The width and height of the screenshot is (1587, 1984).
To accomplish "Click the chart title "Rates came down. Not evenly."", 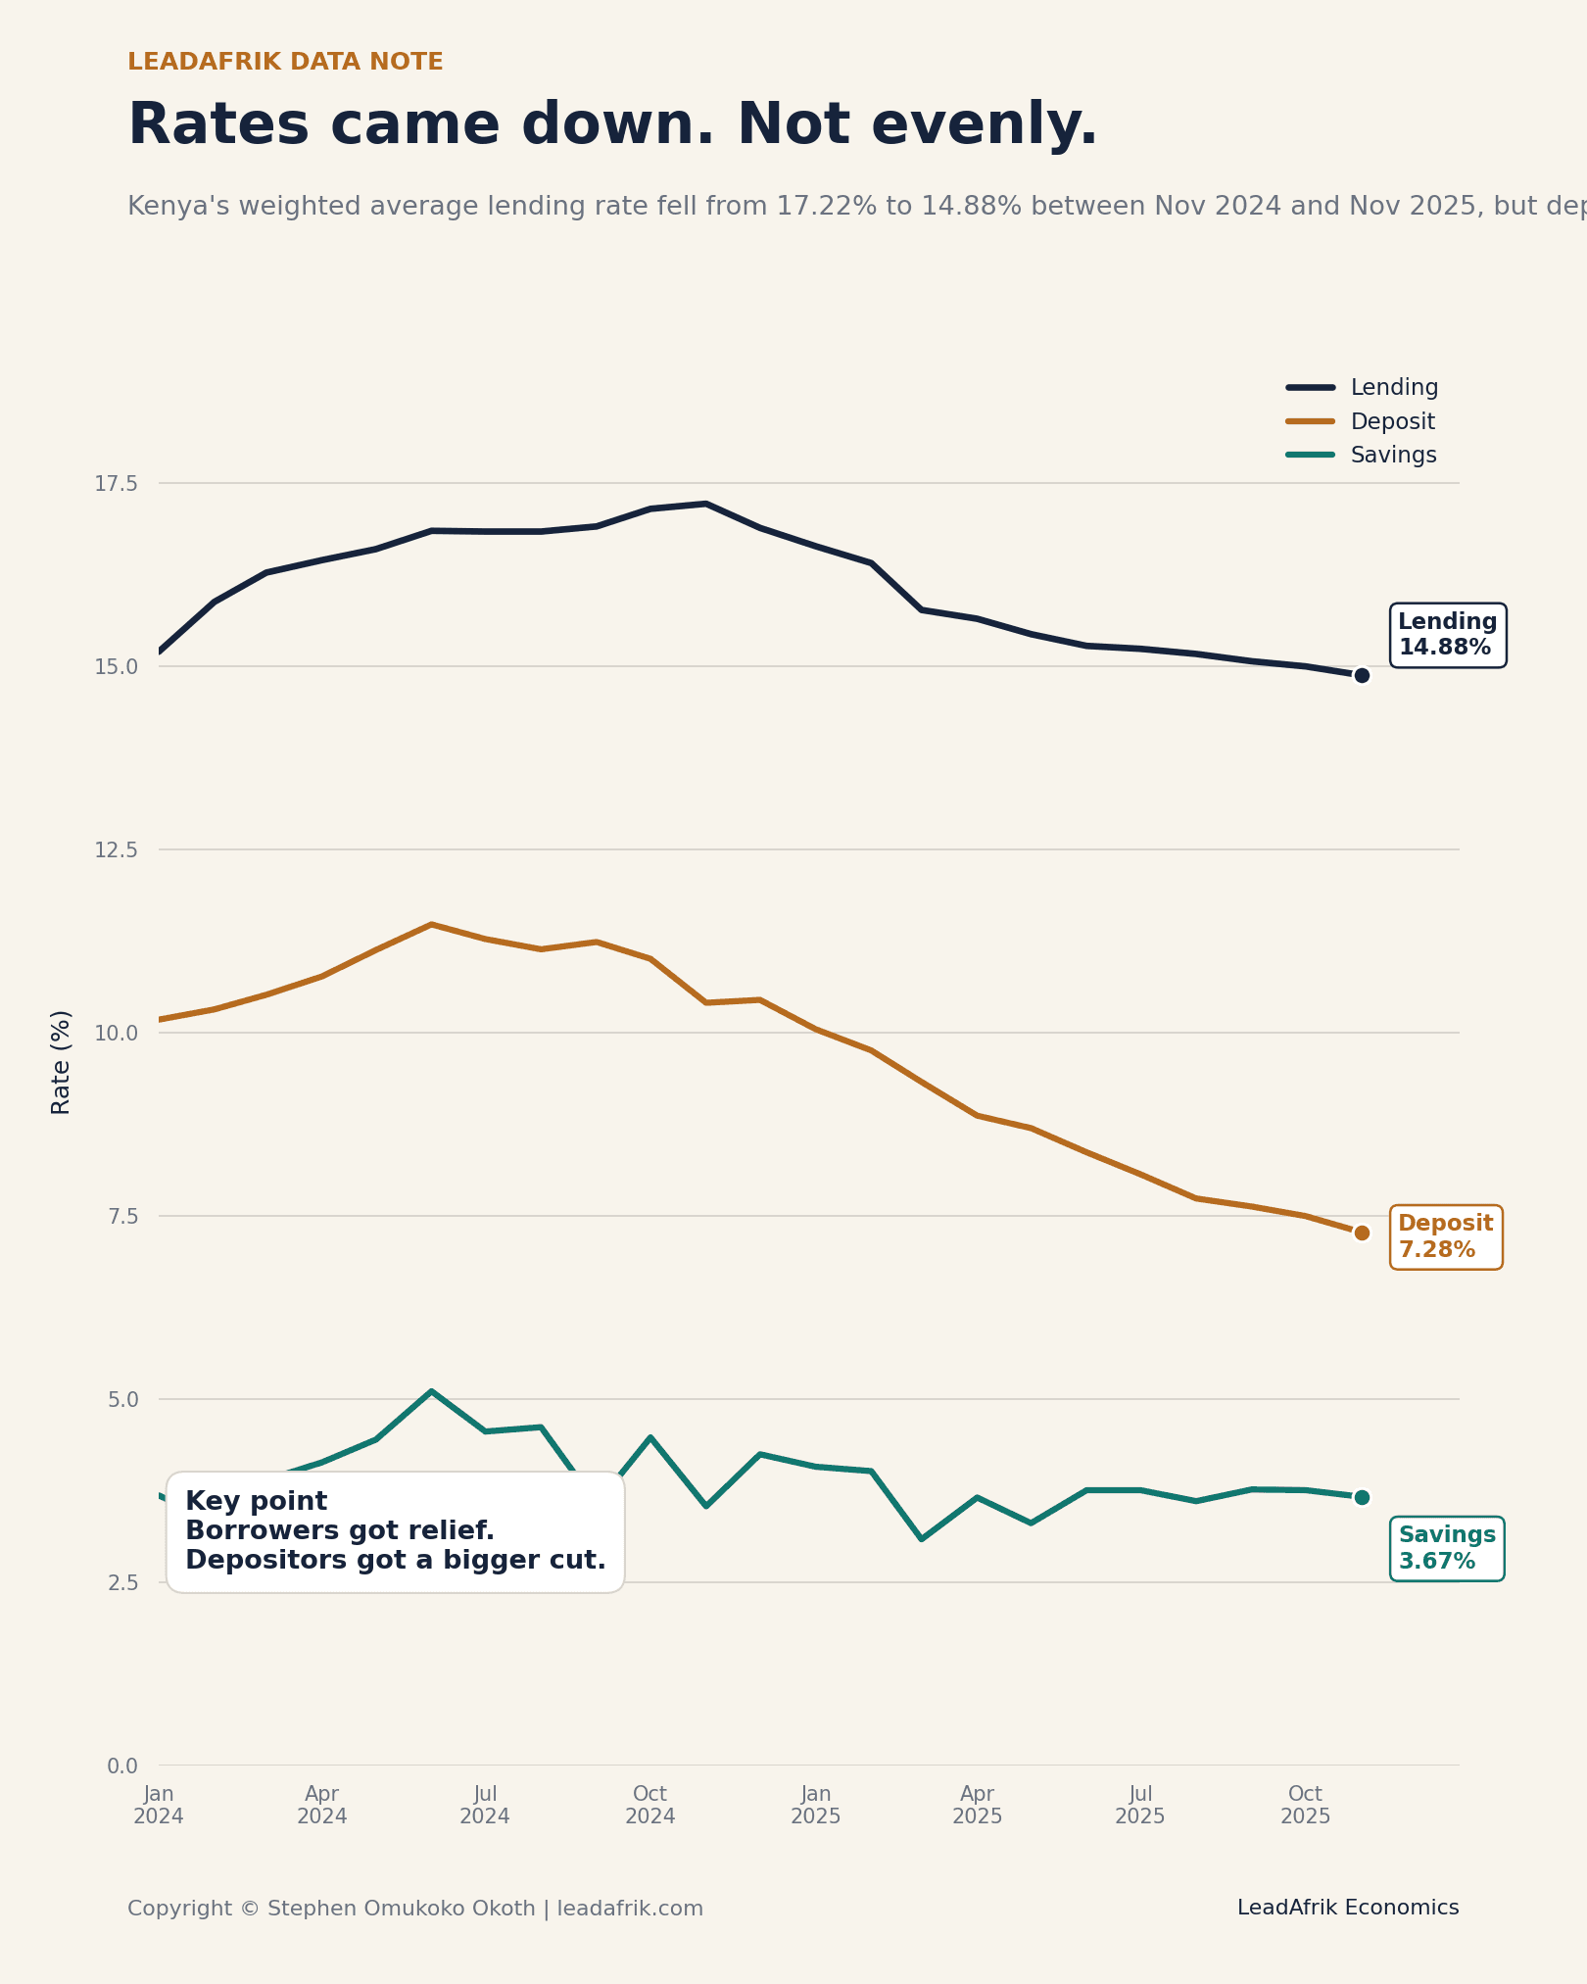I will pos(612,125).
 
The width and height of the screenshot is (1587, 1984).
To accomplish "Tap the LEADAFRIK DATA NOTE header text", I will pos(285,62).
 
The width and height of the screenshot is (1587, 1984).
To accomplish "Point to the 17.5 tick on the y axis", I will pos(116,484).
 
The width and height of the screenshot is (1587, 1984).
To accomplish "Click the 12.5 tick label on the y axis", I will pos(116,850).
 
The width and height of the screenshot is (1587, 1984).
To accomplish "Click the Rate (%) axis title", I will pos(61,1062).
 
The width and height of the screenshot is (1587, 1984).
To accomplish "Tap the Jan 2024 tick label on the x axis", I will pos(159,1805).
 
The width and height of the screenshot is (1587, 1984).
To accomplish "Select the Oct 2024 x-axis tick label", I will pos(650,1805).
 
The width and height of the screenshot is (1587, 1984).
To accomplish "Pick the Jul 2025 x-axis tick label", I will pos(1140,1805).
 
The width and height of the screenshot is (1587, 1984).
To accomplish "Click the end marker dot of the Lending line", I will pos(1362,675).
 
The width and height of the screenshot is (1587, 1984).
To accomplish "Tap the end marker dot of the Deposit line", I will pos(1362,1233).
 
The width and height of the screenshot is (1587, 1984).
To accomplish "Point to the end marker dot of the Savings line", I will pos(1362,1497).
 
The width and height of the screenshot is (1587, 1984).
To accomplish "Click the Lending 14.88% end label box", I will pos(1447,635).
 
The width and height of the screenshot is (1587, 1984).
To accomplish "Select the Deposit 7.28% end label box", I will pos(1445,1236).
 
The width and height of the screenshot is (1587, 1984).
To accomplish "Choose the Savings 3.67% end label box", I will pos(1446,1548).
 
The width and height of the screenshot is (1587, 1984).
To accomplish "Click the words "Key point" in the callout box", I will pos(257,1501).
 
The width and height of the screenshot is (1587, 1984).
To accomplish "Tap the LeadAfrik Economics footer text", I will pos(1347,1908).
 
